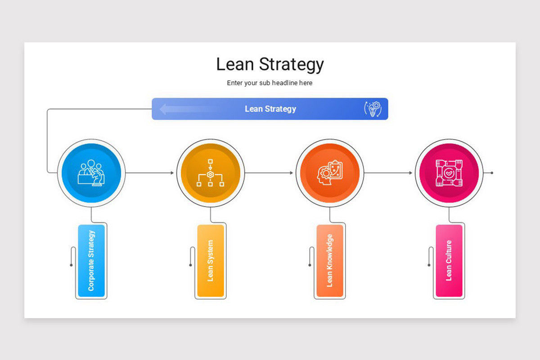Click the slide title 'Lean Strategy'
pyautogui.click(x=270, y=64)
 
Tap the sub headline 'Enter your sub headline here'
pyautogui.click(x=270, y=83)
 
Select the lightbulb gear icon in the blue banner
pyautogui.click(x=372, y=109)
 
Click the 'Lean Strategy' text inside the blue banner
pyautogui.click(x=270, y=109)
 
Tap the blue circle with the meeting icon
pyautogui.click(x=91, y=173)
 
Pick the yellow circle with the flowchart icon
pyautogui.click(x=210, y=173)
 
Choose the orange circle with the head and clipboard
pyautogui.click(x=329, y=173)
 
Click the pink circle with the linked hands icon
pyautogui.click(x=449, y=173)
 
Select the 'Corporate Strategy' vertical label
pyautogui.click(x=91, y=261)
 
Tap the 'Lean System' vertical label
pyautogui.click(x=210, y=261)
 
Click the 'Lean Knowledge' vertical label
pyautogui.click(x=329, y=261)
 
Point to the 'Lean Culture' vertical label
pyautogui.click(x=449, y=261)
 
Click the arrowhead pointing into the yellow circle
pyautogui.click(x=172, y=173)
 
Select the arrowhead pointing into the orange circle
pyautogui.click(x=291, y=173)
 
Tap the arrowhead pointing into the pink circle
pyautogui.click(x=410, y=173)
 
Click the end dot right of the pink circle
pyautogui.click(x=492, y=173)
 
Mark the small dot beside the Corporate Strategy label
pyautogui.click(x=71, y=265)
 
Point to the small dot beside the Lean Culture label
pyautogui.click(x=429, y=265)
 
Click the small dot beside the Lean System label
pyautogui.click(x=190, y=265)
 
